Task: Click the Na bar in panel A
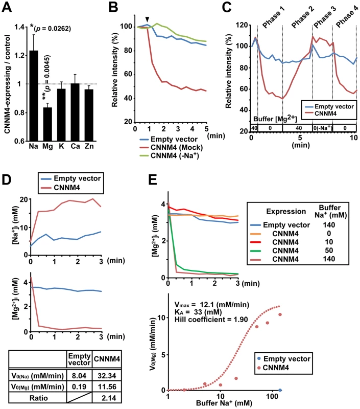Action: (x=34, y=96)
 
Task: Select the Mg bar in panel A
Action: (x=47, y=124)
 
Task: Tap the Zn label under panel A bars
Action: (x=89, y=146)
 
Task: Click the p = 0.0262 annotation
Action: (x=53, y=29)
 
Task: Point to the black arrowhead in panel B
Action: (x=148, y=19)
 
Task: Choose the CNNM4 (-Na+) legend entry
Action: (x=170, y=156)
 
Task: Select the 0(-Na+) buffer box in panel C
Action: (x=323, y=128)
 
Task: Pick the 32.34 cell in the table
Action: (x=107, y=376)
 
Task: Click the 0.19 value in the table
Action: (x=79, y=387)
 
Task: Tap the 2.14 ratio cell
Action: (x=107, y=398)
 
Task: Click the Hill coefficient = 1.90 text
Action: (x=211, y=320)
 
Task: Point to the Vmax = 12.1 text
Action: (x=212, y=305)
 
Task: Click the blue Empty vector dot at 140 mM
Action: (x=280, y=390)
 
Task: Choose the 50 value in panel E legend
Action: (x=329, y=251)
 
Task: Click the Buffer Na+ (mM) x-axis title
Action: (x=224, y=403)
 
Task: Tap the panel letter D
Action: (x=7, y=179)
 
